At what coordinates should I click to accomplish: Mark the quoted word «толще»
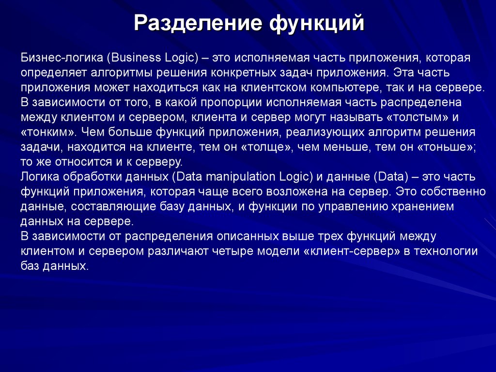pyautogui.click(x=261, y=147)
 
